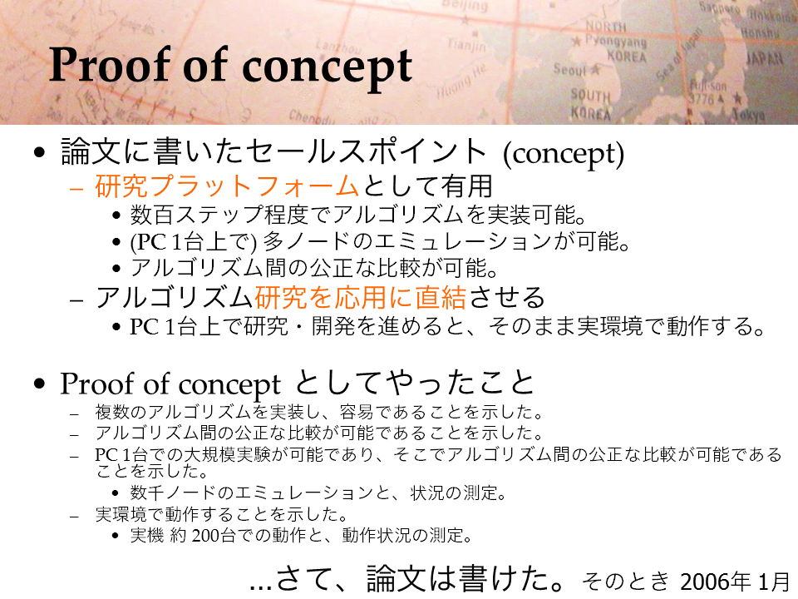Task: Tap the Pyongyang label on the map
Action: (615, 41)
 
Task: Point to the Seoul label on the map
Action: (570, 69)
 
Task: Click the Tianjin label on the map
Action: (466, 45)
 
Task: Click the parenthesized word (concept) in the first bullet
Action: (563, 154)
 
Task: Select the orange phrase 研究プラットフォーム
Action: (227, 186)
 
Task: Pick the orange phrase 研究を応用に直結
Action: (360, 298)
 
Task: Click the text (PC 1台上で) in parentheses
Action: (194, 242)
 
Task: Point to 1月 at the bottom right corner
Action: (774, 582)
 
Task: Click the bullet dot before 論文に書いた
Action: (39, 153)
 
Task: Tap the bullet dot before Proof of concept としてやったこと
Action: (39, 384)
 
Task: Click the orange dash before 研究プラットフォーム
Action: (76, 189)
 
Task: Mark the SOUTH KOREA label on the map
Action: (590, 105)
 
